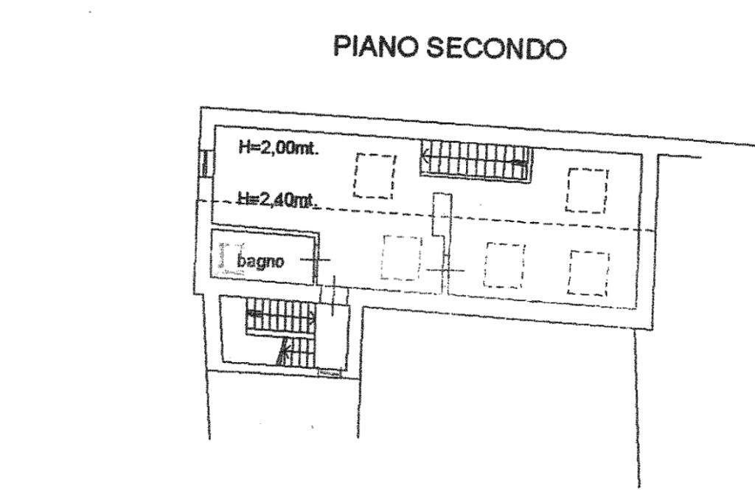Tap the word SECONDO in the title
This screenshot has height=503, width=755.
pos(497,48)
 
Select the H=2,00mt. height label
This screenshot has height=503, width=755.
pos(277,148)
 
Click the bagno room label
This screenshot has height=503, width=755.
pos(260,261)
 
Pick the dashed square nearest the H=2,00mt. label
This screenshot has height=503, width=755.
pos(374,176)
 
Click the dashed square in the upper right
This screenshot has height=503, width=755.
pos(587,190)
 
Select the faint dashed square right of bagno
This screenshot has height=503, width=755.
pos(401,257)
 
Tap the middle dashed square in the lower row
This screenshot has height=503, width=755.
pos(504,265)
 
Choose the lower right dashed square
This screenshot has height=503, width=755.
pos(589,272)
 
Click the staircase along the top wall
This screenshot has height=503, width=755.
pos(476,160)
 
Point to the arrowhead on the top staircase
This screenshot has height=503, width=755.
pos(427,156)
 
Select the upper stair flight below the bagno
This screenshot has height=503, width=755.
pos(281,317)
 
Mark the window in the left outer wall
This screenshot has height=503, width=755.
pos(205,164)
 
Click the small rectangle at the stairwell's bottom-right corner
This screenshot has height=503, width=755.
pos(329,372)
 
